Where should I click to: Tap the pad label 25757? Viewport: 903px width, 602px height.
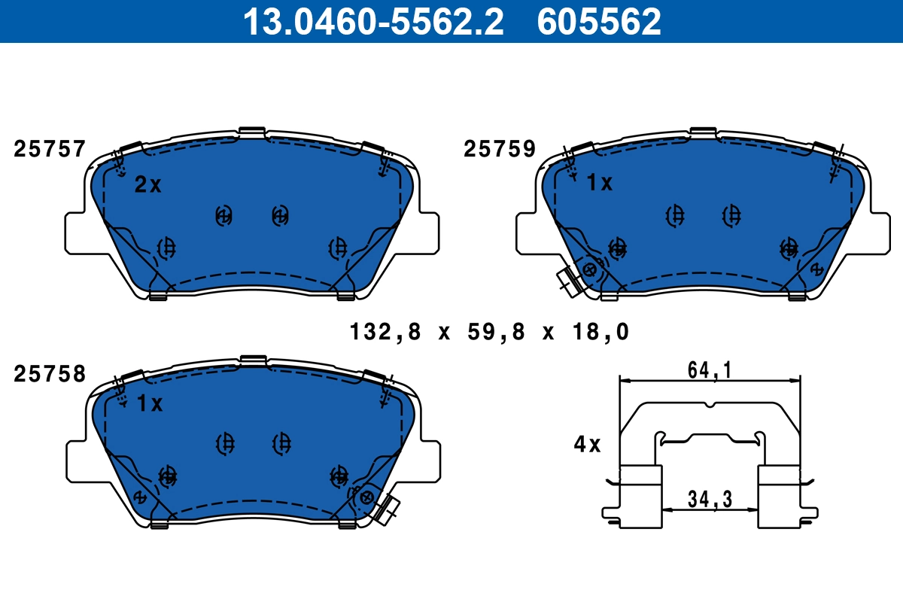coord(50,150)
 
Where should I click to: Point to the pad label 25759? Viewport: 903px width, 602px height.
coord(500,150)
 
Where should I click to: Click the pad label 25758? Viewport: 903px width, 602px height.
coord(50,374)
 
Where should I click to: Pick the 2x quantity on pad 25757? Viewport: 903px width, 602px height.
coord(148,185)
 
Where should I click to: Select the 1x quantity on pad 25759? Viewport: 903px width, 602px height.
coord(600,183)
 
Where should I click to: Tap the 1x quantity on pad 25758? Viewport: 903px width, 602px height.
coord(150,404)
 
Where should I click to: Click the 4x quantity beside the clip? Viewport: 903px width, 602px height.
coord(587,445)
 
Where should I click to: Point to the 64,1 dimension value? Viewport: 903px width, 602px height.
coord(710,369)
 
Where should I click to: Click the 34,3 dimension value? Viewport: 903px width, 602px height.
coord(710,497)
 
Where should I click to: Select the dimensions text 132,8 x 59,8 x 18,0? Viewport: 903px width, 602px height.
coord(489,331)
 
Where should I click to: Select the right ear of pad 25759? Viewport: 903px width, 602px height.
coord(876,232)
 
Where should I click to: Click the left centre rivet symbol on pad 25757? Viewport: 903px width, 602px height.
coord(223,216)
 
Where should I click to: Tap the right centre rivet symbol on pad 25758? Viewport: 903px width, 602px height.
coord(281,443)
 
